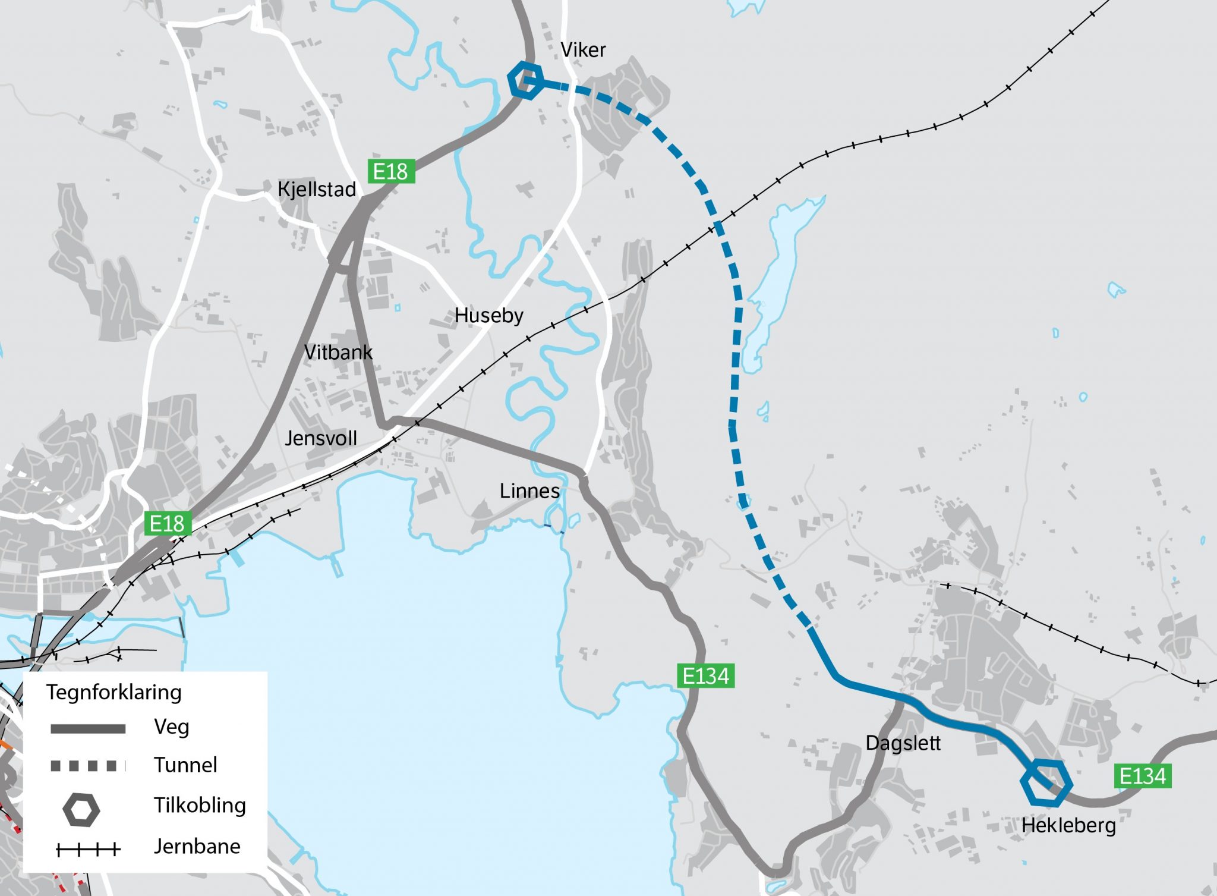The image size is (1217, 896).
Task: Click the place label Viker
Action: tap(583, 50)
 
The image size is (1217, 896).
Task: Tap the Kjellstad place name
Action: tap(317, 190)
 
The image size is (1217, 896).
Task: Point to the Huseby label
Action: tap(488, 315)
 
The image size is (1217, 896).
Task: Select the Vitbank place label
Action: tap(338, 352)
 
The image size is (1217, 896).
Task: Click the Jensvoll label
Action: tap(321, 438)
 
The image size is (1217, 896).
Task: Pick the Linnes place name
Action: tap(529, 491)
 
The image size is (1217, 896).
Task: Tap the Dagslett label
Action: tap(903, 743)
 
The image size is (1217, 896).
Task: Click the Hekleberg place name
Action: tap(1068, 825)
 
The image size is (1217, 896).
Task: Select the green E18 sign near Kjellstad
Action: tap(390, 171)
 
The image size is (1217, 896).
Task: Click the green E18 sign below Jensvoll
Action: tap(168, 524)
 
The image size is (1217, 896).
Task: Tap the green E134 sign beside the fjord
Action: tap(705, 676)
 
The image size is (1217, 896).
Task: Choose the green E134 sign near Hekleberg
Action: tap(1142, 776)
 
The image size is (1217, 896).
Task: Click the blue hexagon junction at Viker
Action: tap(525, 80)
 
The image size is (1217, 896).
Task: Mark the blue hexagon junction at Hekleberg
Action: tap(1046, 782)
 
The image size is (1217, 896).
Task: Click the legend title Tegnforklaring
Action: tap(114, 692)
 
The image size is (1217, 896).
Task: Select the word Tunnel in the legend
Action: tap(185, 765)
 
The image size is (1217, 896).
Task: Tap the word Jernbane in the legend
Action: tap(197, 846)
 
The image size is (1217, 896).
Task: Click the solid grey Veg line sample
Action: tap(88, 729)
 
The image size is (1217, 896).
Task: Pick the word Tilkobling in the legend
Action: tap(200, 805)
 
